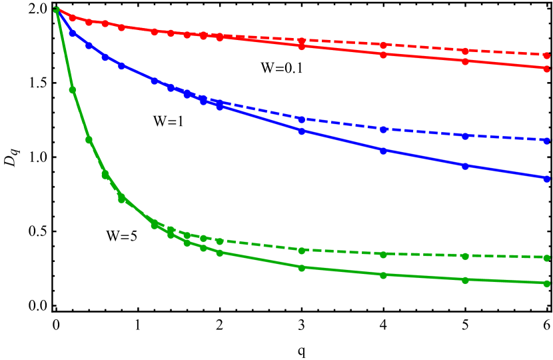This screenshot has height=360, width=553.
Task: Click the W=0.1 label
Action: [282, 68]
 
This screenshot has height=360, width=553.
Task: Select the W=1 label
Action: [169, 121]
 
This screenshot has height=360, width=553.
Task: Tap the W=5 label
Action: [123, 236]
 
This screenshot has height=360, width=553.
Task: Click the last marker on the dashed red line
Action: [546, 54]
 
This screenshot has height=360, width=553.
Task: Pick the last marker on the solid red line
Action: [546, 68]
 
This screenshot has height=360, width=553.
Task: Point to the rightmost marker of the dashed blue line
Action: [546, 141]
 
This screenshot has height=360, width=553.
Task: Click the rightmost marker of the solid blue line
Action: [546, 178]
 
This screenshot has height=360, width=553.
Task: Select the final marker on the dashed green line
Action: [546, 257]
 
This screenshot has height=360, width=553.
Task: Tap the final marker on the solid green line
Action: [546, 283]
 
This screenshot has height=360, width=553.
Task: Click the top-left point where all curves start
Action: [57, 9]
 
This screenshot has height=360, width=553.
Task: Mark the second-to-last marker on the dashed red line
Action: [465, 51]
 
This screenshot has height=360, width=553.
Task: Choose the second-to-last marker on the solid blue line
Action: [465, 166]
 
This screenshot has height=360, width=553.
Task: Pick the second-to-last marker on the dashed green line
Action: [465, 256]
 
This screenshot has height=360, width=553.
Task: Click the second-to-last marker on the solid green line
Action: [465, 280]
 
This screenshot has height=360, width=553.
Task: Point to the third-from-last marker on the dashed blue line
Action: [383, 129]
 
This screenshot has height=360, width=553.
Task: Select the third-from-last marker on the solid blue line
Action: [383, 151]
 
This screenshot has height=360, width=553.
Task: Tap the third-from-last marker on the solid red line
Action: [383, 55]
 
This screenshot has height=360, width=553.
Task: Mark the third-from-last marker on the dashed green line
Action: [383, 254]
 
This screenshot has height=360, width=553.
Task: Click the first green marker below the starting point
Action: [72, 89]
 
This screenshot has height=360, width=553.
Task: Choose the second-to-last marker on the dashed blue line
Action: [465, 136]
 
